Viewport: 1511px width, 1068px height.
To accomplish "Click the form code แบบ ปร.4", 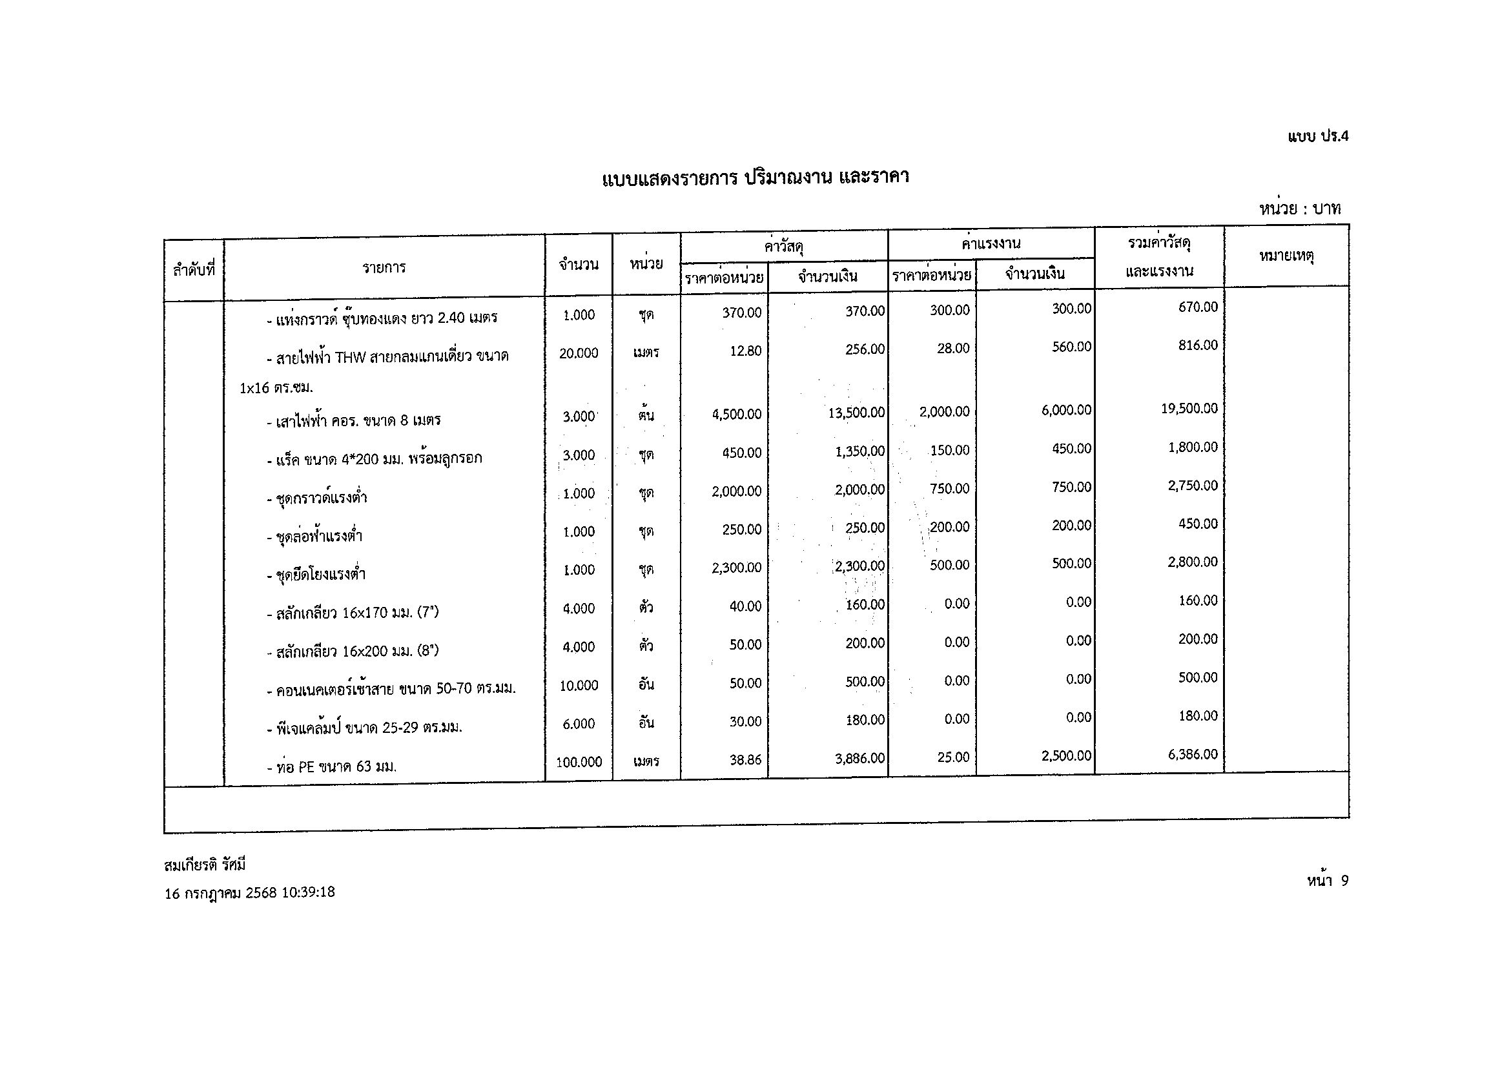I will point(1317,136).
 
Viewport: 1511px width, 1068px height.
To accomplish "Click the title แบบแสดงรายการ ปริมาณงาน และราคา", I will point(755,178).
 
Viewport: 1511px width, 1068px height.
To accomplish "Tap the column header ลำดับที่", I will point(194,269).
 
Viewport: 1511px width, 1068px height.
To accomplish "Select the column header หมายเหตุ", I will point(1286,256).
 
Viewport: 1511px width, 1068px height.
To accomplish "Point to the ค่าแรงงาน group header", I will point(991,243).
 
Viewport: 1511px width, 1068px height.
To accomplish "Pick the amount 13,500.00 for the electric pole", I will point(855,413).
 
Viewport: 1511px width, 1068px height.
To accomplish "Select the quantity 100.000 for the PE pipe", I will point(579,762).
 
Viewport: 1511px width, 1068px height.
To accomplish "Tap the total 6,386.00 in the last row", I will point(1193,755).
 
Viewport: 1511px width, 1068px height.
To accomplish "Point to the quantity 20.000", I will point(579,353).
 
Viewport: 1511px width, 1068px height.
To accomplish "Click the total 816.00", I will point(1198,345).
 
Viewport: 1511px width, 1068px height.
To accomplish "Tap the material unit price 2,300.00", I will point(736,568).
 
